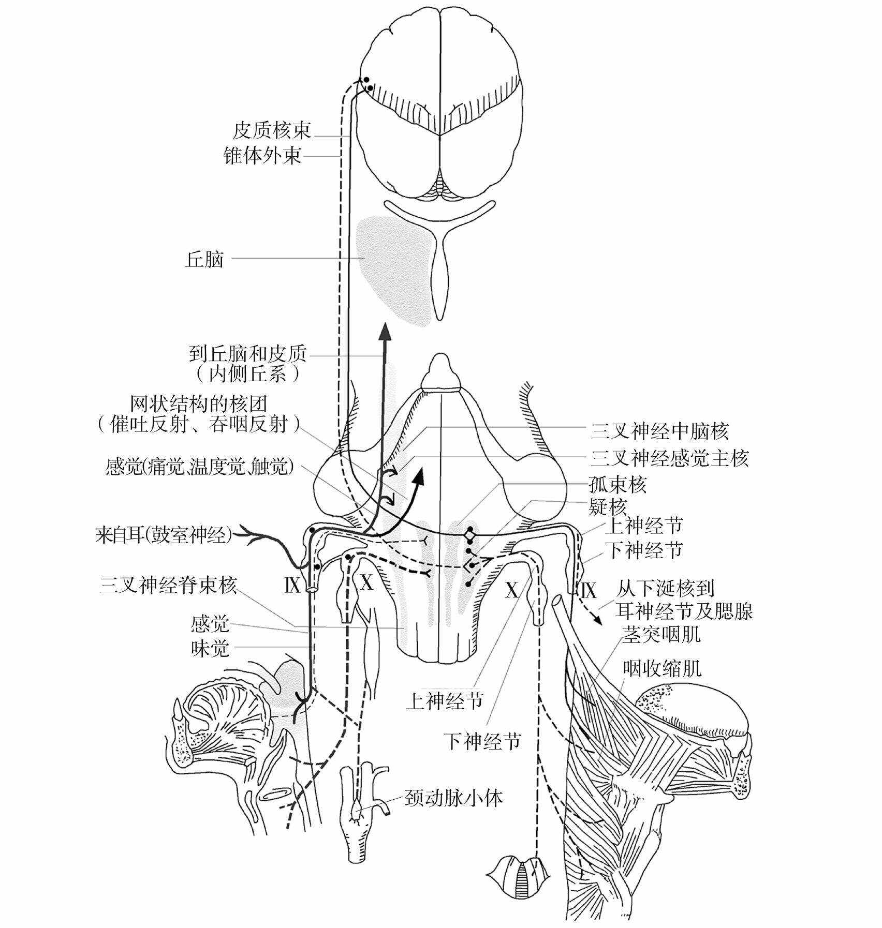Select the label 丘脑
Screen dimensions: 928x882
click(204, 259)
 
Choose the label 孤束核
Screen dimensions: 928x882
click(618, 485)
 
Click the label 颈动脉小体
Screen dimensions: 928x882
click(454, 799)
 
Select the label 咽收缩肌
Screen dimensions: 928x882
click(662, 669)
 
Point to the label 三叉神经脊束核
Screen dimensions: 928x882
click(169, 586)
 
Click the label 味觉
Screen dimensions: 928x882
click(210, 648)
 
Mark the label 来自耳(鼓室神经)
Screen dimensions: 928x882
click(165, 535)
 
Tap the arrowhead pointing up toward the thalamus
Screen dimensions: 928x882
click(385, 332)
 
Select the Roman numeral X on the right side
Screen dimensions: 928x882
click(511, 590)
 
